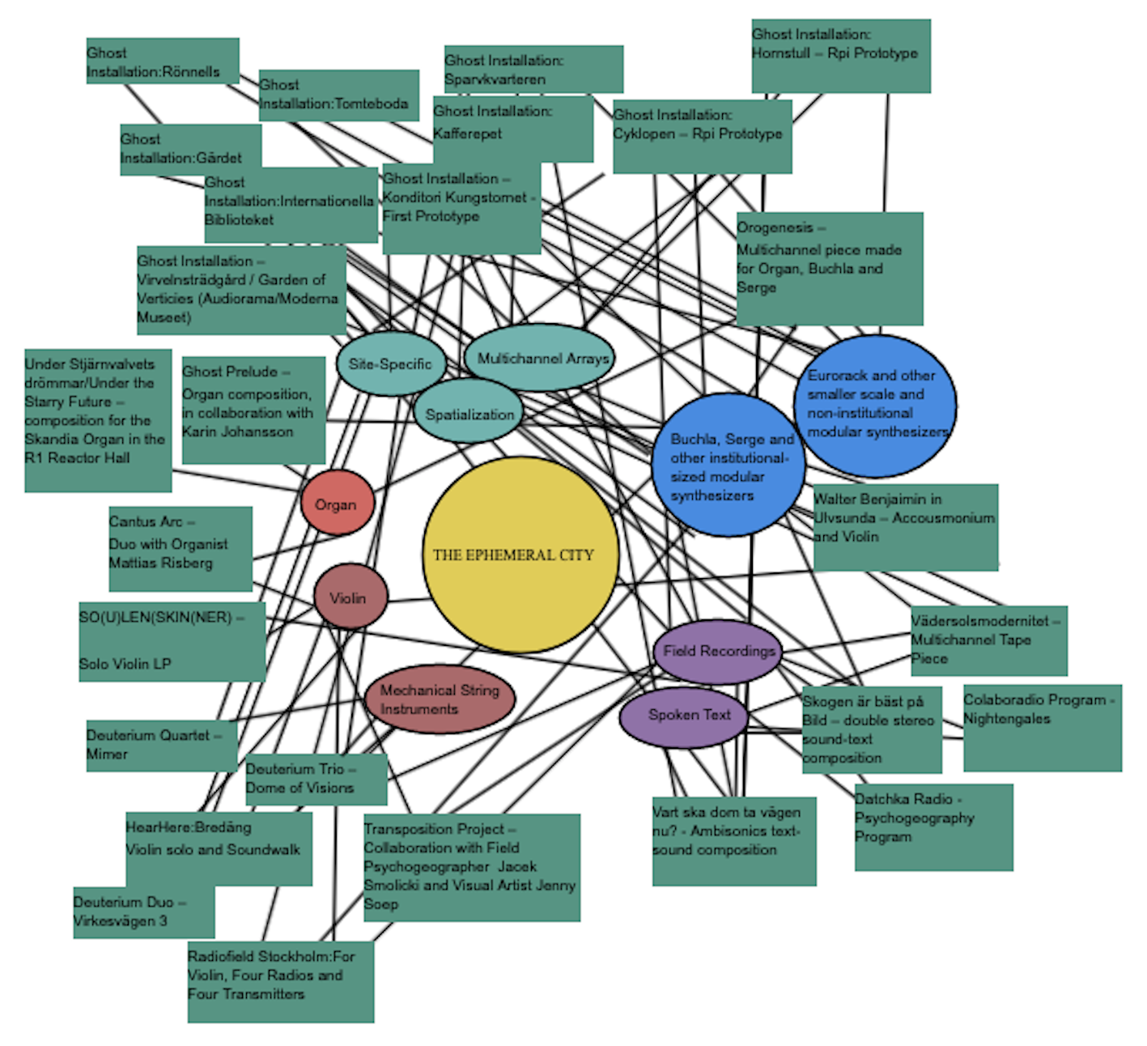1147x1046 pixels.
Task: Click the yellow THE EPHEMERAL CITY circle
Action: click(x=520, y=555)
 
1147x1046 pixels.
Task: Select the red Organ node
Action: click(x=337, y=504)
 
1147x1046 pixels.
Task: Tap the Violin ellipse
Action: click(x=350, y=597)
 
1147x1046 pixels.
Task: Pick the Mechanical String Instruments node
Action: click(x=440, y=699)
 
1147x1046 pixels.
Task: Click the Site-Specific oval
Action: click(x=390, y=364)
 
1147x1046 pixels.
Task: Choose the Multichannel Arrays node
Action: click(x=540, y=358)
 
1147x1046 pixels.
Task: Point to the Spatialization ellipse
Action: click(x=470, y=414)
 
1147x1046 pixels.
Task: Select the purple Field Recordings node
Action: click(x=718, y=651)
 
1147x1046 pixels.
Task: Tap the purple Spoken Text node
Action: click(x=684, y=716)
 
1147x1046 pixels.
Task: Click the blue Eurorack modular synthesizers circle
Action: click(x=875, y=405)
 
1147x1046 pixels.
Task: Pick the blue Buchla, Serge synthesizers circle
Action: click(x=729, y=466)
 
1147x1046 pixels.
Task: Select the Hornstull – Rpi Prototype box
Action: click(x=840, y=55)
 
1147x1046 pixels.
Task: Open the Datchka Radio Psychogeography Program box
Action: click(x=932, y=827)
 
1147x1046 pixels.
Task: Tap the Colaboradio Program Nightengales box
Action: click(x=1042, y=726)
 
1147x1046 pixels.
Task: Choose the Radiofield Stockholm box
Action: click(x=280, y=981)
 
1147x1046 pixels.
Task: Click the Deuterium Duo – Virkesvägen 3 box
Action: click(x=143, y=912)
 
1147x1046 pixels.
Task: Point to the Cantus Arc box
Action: click(x=180, y=548)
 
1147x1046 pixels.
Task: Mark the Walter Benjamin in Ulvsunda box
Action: click(x=905, y=527)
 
